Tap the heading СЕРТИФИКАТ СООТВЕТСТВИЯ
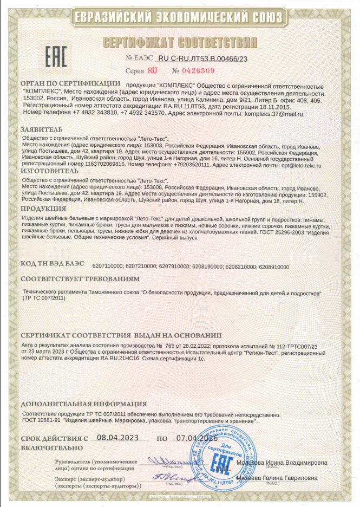click(180, 43)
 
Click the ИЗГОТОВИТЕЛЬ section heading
click(50, 171)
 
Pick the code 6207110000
click(108, 266)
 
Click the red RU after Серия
click(152, 70)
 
